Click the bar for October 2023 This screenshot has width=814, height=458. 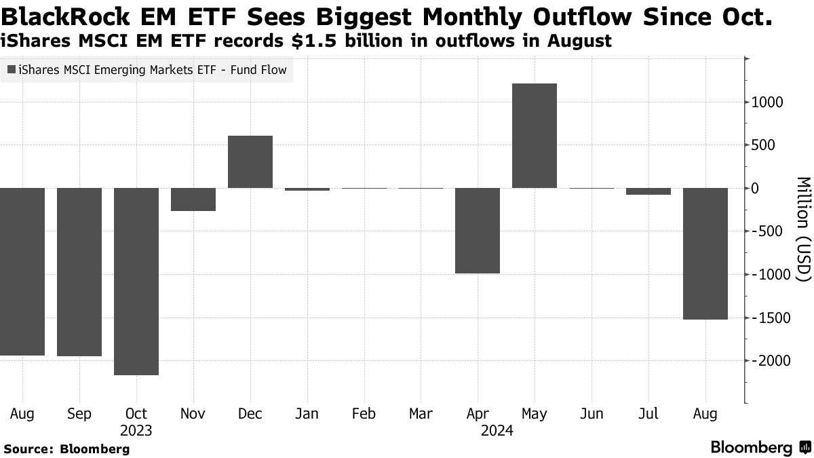(x=136, y=281)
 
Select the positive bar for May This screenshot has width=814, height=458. (x=535, y=136)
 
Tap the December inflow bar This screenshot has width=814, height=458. (x=250, y=161)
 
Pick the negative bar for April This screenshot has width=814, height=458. (x=478, y=231)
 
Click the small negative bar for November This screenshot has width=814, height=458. (x=193, y=199)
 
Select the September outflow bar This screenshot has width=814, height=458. (x=79, y=271)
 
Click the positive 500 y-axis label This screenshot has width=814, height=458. (x=764, y=145)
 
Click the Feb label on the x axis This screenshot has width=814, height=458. (x=364, y=414)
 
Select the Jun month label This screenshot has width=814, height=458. (x=592, y=414)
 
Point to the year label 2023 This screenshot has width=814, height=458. (x=136, y=430)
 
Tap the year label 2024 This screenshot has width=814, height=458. (x=497, y=430)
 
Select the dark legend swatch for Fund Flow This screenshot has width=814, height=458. (x=12, y=69)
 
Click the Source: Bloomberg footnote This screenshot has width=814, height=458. (x=66, y=449)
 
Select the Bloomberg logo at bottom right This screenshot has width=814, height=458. (x=760, y=448)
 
